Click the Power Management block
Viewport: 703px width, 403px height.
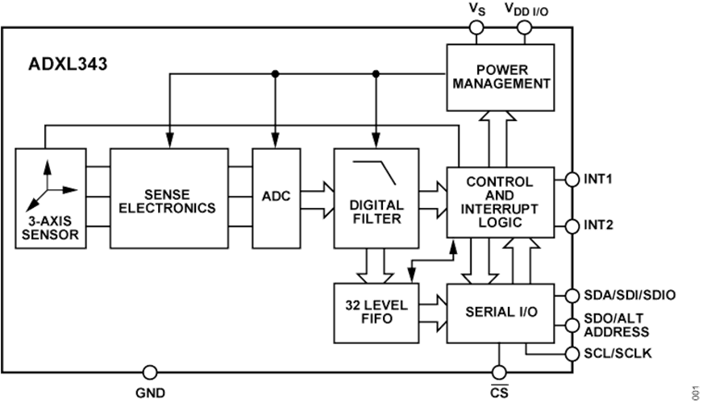click(x=500, y=77)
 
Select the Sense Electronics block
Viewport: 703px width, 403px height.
click(x=168, y=197)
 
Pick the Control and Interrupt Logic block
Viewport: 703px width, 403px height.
click(x=500, y=201)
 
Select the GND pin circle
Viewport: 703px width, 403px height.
click(x=150, y=372)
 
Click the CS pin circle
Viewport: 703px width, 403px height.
click(x=499, y=372)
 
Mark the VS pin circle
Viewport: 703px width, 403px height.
click(x=476, y=29)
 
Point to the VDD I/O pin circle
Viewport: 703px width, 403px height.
click(x=525, y=29)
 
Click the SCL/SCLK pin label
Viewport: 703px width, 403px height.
click(x=618, y=354)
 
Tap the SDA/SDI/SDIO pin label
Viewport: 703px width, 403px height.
click(x=629, y=295)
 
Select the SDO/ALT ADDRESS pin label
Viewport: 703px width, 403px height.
click(x=617, y=326)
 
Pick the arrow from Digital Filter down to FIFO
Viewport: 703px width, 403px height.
click(x=376, y=265)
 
